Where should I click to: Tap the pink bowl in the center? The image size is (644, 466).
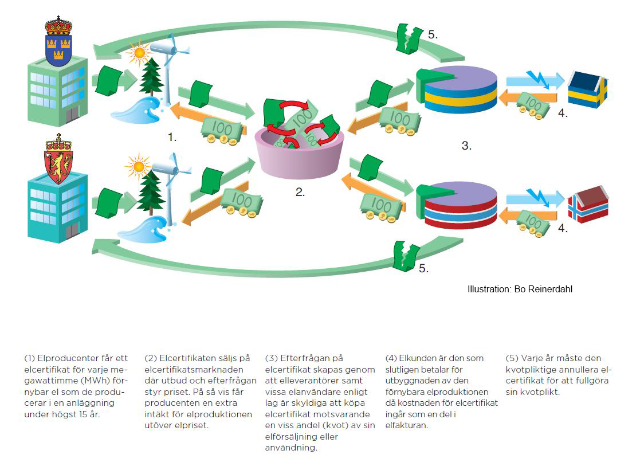(x=300, y=155)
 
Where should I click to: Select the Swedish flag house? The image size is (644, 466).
(x=587, y=90)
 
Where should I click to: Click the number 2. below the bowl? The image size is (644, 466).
(x=300, y=193)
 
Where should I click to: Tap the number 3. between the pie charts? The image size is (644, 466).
(x=466, y=146)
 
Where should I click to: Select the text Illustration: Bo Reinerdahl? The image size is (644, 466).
(x=520, y=289)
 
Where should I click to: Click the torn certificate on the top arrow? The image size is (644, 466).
(x=410, y=39)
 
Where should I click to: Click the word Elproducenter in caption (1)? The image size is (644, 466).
(x=63, y=358)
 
